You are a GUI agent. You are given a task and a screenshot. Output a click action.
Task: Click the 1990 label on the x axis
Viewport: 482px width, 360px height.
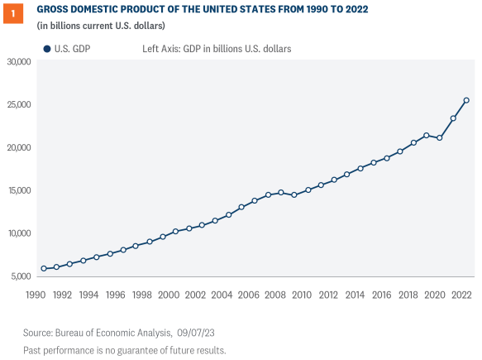[36, 295]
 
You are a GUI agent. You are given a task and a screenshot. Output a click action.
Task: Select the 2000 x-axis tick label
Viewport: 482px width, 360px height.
[169, 295]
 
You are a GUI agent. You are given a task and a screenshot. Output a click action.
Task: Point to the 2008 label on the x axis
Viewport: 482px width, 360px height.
[275, 295]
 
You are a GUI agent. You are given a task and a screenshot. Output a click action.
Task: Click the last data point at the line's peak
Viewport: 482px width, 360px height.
[466, 101]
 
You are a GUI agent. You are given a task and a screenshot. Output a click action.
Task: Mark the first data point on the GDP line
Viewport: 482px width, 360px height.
[44, 268]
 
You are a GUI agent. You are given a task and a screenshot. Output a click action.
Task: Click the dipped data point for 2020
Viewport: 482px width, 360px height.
[440, 137]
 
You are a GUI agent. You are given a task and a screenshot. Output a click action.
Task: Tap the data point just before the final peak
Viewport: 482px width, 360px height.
[453, 118]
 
